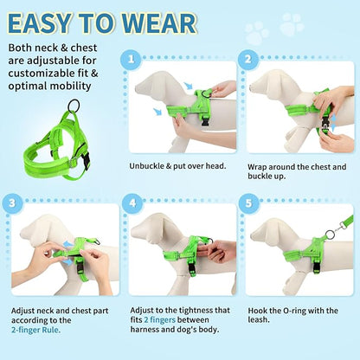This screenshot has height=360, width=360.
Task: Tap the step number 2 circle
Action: [x=247, y=60]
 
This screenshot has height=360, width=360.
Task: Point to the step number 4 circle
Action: [x=132, y=204]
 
